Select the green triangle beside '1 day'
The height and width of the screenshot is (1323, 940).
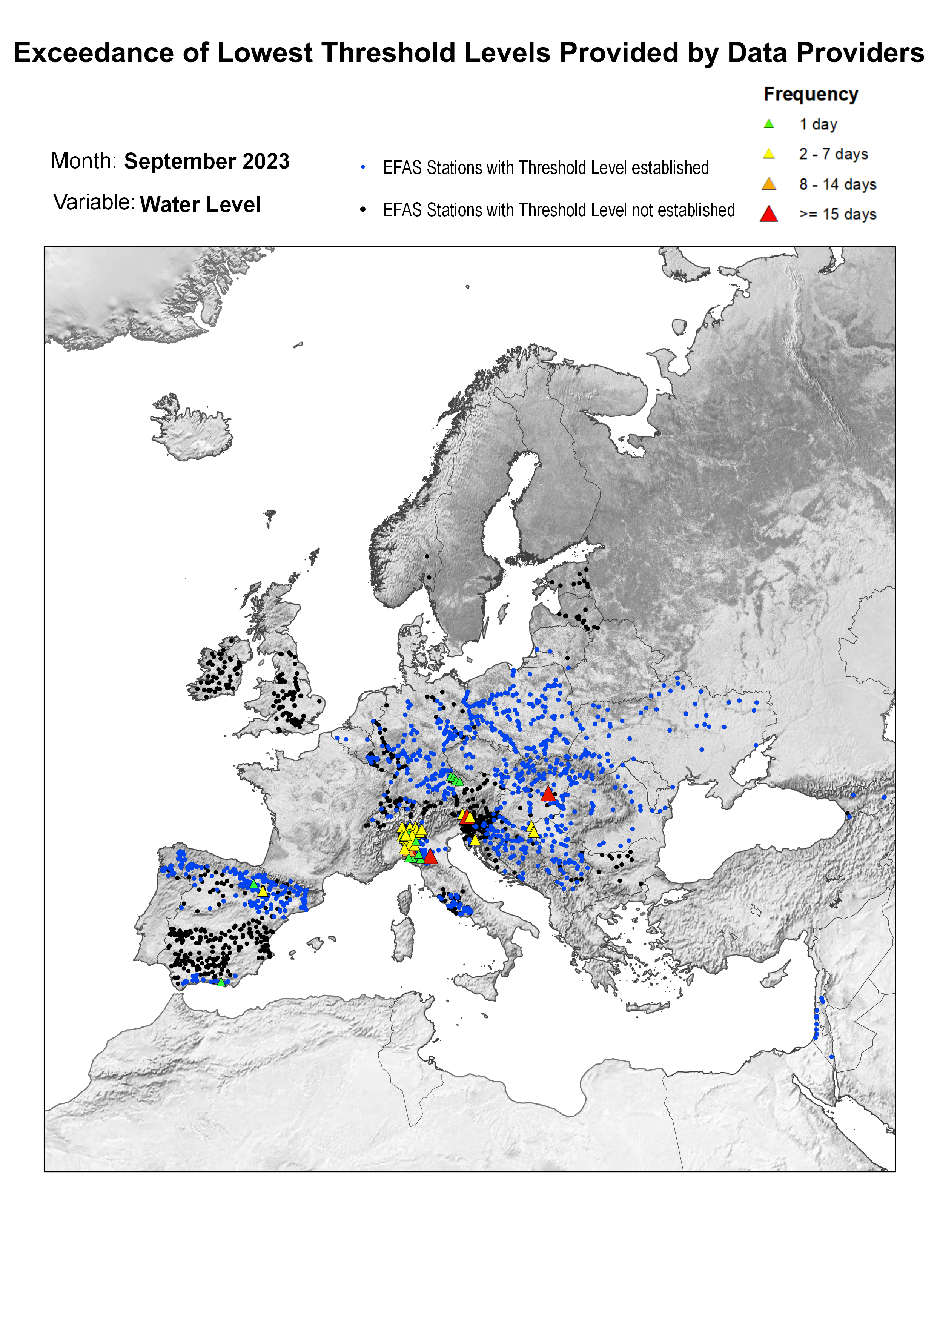tap(769, 124)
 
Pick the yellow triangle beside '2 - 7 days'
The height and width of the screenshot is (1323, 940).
tap(769, 154)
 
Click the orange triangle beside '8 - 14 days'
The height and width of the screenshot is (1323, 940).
tap(769, 184)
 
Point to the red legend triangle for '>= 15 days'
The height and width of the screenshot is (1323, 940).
tap(769, 215)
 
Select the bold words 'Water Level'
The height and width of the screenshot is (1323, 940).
tap(200, 205)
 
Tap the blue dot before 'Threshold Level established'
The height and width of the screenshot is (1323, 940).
tap(363, 168)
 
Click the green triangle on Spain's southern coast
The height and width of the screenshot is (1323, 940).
tap(221, 982)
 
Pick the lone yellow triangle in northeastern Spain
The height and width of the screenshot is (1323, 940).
tap(263, 891)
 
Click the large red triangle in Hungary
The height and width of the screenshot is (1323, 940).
tap(548, 794)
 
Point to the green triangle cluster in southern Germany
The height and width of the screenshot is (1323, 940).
tap(455, 779)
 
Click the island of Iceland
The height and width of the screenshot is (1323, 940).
tap(191, 428)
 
